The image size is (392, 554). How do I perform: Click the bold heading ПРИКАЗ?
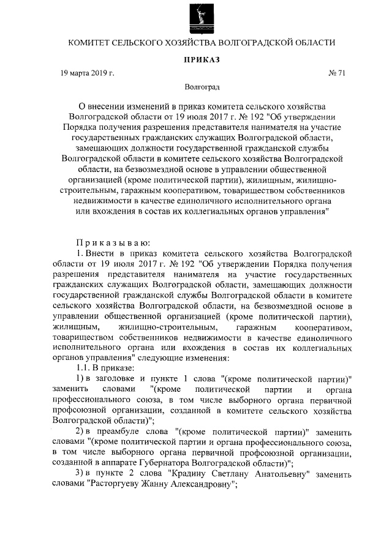pyautogui.click(x=201, y=59)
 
